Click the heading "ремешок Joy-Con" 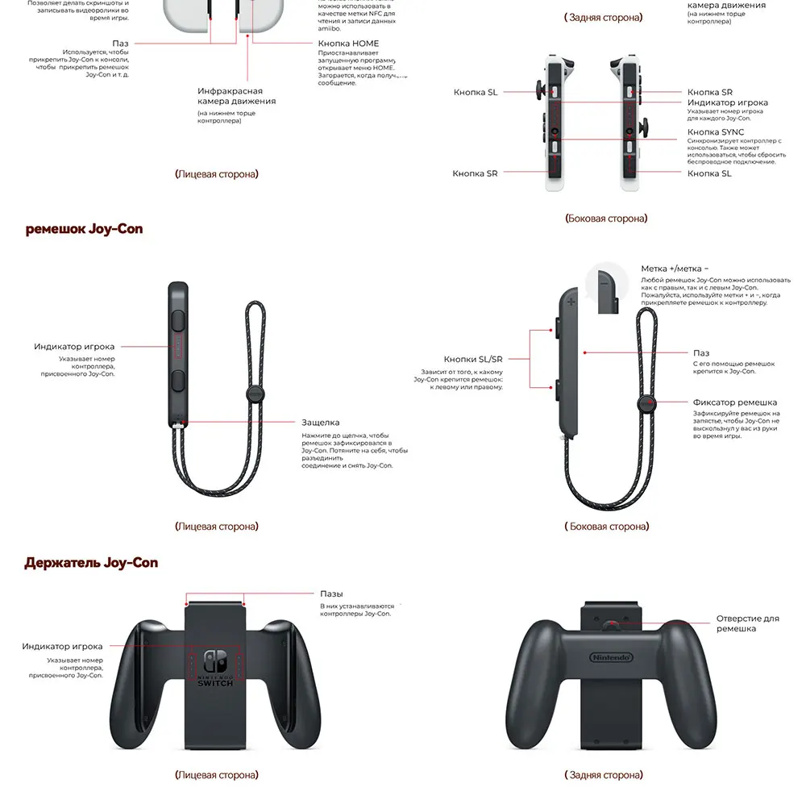click(84, 229)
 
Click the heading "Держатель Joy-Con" click(91, 563)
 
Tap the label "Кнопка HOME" click(348, 44)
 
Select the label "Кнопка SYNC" click(716, 132)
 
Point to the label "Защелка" click(321, 423)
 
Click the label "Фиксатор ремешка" click(735, 402)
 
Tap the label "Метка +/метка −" click(675, 269)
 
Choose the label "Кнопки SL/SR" click(473, 359)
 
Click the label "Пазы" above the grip click(331, 594)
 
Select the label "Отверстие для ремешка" click(747, 623)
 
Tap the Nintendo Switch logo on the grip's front click(215, 668)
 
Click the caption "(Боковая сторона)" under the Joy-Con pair click(606, 219)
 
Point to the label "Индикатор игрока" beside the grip click(62, 647)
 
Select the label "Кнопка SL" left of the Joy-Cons click(476, 93)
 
